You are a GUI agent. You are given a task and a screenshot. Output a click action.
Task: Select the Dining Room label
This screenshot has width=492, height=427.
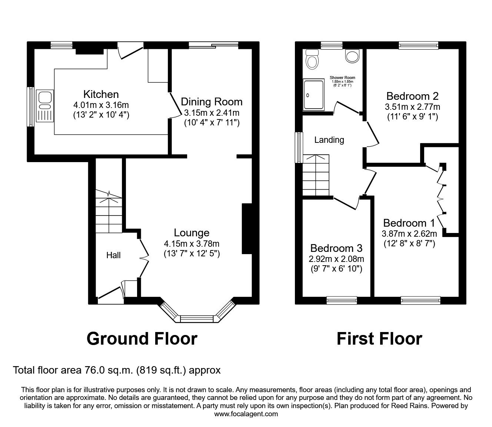212,102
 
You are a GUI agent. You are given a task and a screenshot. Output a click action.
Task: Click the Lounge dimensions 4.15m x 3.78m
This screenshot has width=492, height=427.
192,244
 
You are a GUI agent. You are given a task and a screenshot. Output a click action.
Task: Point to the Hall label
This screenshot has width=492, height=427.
113,255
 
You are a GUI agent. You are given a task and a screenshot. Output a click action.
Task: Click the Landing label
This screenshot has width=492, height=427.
329,140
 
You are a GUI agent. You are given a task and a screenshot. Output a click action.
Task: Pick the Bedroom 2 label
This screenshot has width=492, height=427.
412,96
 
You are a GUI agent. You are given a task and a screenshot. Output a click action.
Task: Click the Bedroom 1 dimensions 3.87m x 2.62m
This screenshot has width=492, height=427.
409,234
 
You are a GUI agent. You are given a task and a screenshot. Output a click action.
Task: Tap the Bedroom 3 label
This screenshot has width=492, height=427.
336,248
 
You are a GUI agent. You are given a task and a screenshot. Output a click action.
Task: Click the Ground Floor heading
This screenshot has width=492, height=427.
142,339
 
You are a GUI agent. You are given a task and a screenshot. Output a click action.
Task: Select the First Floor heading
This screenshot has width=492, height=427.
379,339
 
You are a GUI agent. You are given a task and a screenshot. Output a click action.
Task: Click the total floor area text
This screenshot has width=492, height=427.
117,370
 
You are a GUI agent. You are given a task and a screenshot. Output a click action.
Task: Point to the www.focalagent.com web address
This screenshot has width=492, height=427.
246,414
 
